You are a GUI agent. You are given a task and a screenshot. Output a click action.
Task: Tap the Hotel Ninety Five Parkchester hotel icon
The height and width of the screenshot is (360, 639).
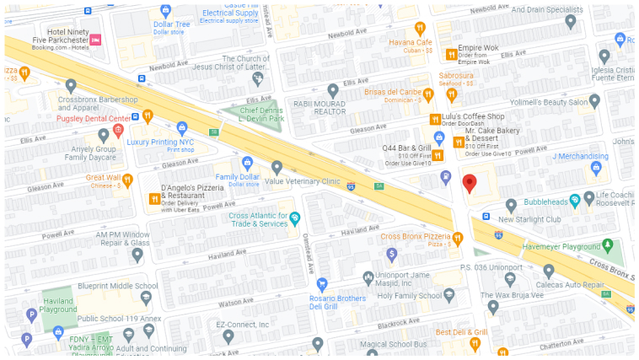pyautogui.click(x=95, y=40)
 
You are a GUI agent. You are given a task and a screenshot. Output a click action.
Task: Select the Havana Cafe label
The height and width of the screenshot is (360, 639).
pyautogui.click(x=411, y=43)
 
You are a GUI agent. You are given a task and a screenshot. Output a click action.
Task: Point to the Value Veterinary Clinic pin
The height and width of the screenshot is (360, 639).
pyautogui.click(x=277, y=167)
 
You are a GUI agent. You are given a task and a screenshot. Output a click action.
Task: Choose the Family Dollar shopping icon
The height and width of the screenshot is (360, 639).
pyautogui.click(x=246, y=162)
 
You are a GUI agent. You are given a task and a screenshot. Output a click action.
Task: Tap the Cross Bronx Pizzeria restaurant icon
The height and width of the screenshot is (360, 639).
pyautogui.click(x=458, y=238)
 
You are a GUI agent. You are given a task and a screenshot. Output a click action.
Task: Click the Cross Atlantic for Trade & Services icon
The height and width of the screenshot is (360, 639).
pyautogui.click(x=295, y=219)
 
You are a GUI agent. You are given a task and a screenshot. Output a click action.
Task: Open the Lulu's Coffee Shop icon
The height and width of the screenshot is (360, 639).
pyautogui.click(x=436, y=118)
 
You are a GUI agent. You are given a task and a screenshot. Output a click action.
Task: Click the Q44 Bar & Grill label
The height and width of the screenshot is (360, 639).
pyautogui.click(x=407, y=148)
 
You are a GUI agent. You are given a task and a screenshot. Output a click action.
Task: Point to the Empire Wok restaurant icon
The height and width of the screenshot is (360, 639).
pyautogui.click(x=451, y=54)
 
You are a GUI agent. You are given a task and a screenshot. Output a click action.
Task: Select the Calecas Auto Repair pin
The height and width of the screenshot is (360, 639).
pyautogui.click(x=548, y=271)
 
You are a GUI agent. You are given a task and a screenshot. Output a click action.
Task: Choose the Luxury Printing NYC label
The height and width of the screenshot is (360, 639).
pyautogui.click(x=160, y=142)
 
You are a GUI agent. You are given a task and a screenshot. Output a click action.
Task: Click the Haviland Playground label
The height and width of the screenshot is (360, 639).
pyautogui.click(x=57, y=305)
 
